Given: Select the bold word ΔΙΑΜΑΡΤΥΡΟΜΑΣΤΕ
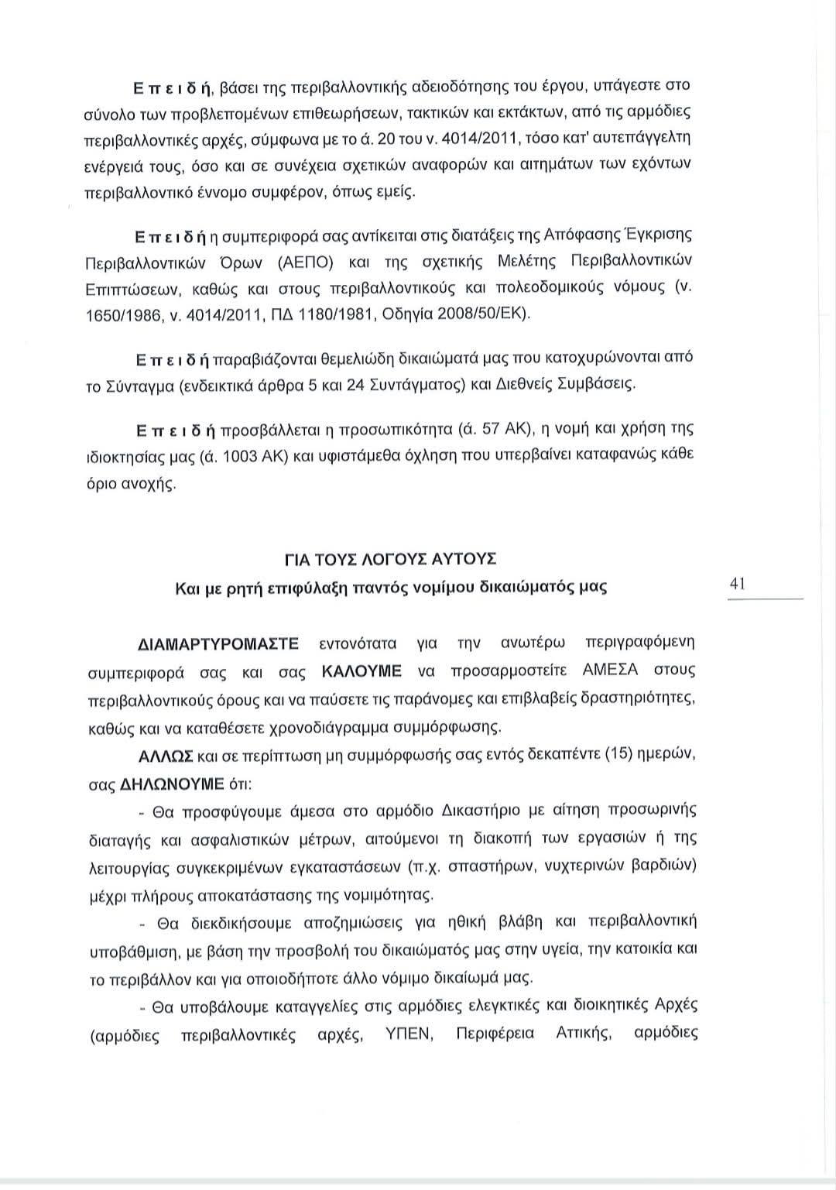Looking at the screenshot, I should pos(218,643).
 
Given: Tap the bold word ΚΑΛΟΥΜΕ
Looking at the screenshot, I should pos(361,670).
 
